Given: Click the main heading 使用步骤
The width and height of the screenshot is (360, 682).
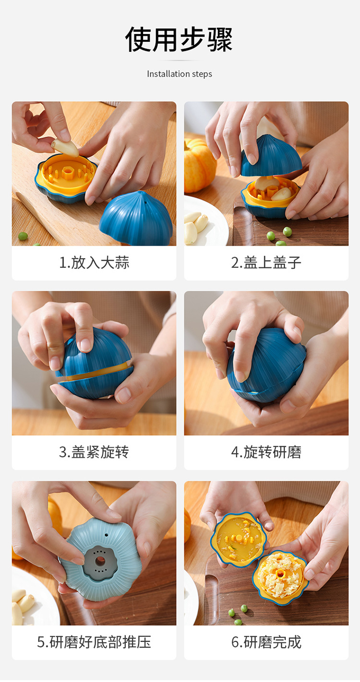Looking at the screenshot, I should click(x=179, y=39).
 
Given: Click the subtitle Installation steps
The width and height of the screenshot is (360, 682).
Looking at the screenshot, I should click(x=179, y=74).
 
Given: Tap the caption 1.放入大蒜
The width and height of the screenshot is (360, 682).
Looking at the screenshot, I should click(x=94, y=263).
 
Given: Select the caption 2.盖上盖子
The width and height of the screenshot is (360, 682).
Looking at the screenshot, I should click(x=266, y=263).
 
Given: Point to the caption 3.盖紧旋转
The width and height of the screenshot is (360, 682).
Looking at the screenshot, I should click(x=94, y=452).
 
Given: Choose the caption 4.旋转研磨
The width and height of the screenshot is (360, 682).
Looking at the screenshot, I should click(x=266, y=452).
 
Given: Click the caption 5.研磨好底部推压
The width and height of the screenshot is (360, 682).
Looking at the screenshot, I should click(x=94, y=642).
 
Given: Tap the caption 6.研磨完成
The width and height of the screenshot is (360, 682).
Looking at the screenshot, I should click(x=266, y=642).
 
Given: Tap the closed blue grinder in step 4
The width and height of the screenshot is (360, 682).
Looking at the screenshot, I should click(x=266, y=365).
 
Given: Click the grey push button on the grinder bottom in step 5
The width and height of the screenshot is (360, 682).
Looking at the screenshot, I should click(x=100, y=561).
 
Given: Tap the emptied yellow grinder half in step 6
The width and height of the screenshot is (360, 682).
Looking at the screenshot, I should click(x=239, y=538).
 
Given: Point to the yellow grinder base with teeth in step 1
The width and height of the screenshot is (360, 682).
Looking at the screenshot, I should click(x=66, y=173).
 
